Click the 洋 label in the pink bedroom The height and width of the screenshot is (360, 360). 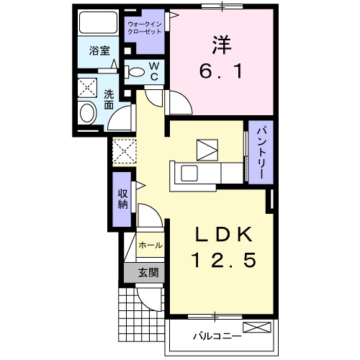point(220,43)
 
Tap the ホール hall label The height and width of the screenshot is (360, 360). point(150,246)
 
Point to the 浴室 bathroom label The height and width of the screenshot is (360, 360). point(99,52)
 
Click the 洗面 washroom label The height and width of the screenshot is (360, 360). point(108,99)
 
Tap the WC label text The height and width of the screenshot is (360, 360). point(153,71)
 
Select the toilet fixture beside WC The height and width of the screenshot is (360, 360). point(135,71)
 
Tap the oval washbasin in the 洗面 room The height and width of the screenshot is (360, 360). point(88,114)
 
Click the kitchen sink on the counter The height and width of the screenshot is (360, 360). point(192,173)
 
